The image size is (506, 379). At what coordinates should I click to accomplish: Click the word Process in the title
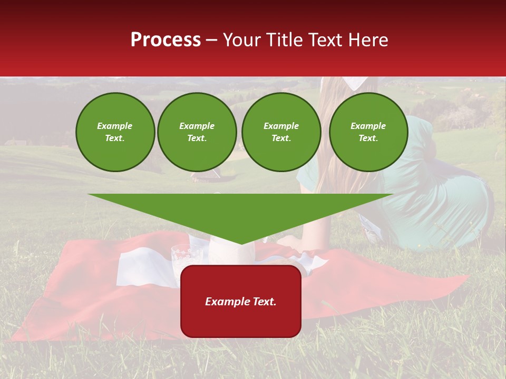(x=166, y=40)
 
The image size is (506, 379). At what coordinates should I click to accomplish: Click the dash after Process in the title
(x=211, y=41)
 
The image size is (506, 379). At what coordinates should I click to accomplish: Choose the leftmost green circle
(x=115, y=132)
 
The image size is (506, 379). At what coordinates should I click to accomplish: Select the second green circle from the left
(x=197, y=132)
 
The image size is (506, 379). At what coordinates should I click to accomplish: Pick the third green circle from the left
(x=281, y=132)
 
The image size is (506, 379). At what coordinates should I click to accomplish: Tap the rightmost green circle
(x=368, y=132)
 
